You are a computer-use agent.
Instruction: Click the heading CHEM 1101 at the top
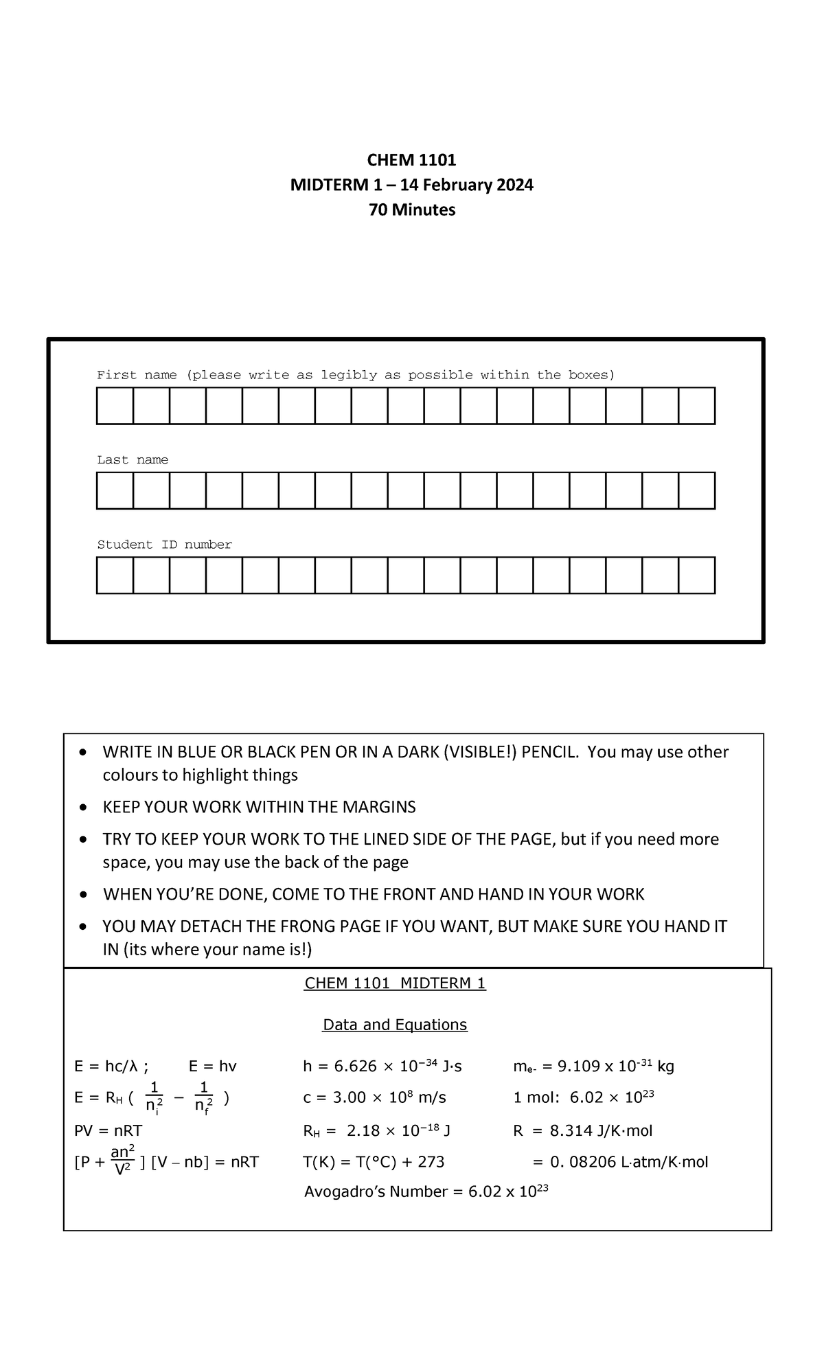coord(411,160)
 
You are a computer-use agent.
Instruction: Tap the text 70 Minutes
coord(411,209)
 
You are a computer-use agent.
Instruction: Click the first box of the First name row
coord(115,406)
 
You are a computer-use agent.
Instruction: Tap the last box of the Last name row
coord(696,490)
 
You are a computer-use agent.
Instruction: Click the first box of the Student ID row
coord(115,575)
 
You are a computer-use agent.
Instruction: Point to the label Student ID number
coord(164,545)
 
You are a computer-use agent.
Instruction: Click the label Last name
coord(132,460)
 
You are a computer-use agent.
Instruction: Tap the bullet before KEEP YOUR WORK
coord(83,808)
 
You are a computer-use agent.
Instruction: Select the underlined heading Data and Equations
coord(395,1025)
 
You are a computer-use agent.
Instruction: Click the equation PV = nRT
coord(108,1130)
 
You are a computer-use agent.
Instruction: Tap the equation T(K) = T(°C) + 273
coord(374,1162)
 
